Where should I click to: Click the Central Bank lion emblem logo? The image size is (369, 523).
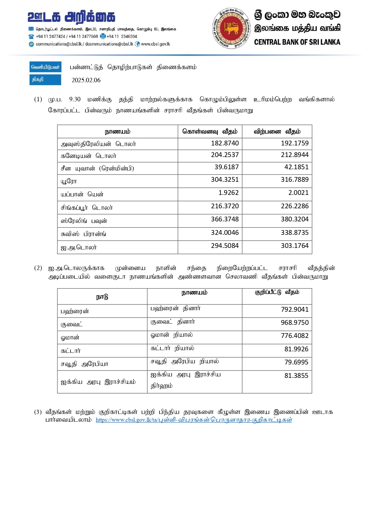231,28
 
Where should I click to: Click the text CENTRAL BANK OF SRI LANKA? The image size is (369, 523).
297,42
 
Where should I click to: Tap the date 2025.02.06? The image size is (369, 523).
86,80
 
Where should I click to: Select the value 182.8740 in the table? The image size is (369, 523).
225,143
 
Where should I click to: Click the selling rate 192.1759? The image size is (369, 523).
295,143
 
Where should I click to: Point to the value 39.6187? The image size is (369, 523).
226,167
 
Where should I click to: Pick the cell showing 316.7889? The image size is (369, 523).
295,180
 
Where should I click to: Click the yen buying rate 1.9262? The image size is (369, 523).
228,193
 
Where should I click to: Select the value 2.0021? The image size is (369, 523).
298,193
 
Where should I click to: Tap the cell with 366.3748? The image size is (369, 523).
225,219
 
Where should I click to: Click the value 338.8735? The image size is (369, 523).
295,233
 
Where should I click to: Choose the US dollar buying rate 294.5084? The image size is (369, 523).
225,246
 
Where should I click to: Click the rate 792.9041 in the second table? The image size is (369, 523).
295,310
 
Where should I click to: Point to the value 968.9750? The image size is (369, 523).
295,323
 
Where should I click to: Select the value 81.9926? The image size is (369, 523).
296,349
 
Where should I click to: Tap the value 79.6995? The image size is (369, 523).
296,362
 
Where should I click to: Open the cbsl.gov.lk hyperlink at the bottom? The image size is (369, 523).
194,420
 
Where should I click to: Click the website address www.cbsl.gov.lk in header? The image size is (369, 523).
155,44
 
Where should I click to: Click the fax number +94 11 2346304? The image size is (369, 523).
122,37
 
